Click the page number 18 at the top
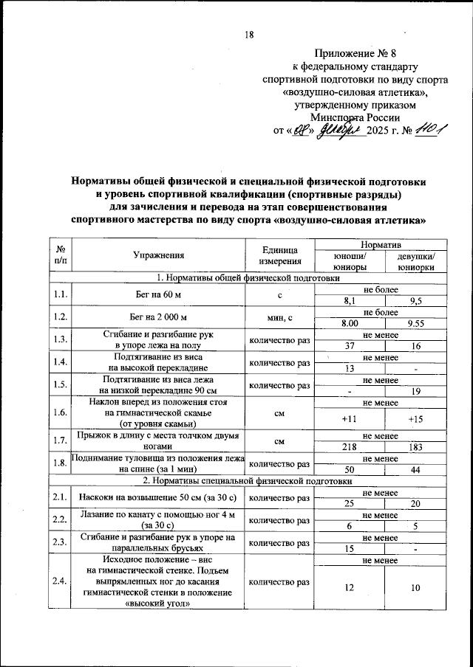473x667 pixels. (x=249, y=35)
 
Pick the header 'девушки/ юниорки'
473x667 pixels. (x=415, y=261)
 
